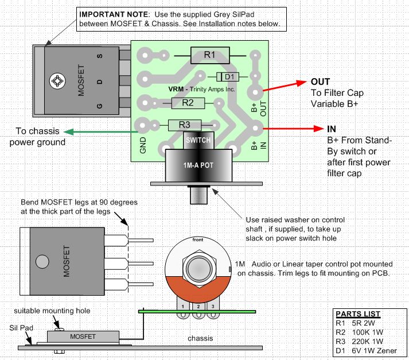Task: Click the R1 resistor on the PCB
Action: [209, 55]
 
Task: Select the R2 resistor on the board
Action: [186, 103]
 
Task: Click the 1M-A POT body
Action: [198, 165]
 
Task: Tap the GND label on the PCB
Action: [143, 144]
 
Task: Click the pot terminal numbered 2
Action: [198, 307]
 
